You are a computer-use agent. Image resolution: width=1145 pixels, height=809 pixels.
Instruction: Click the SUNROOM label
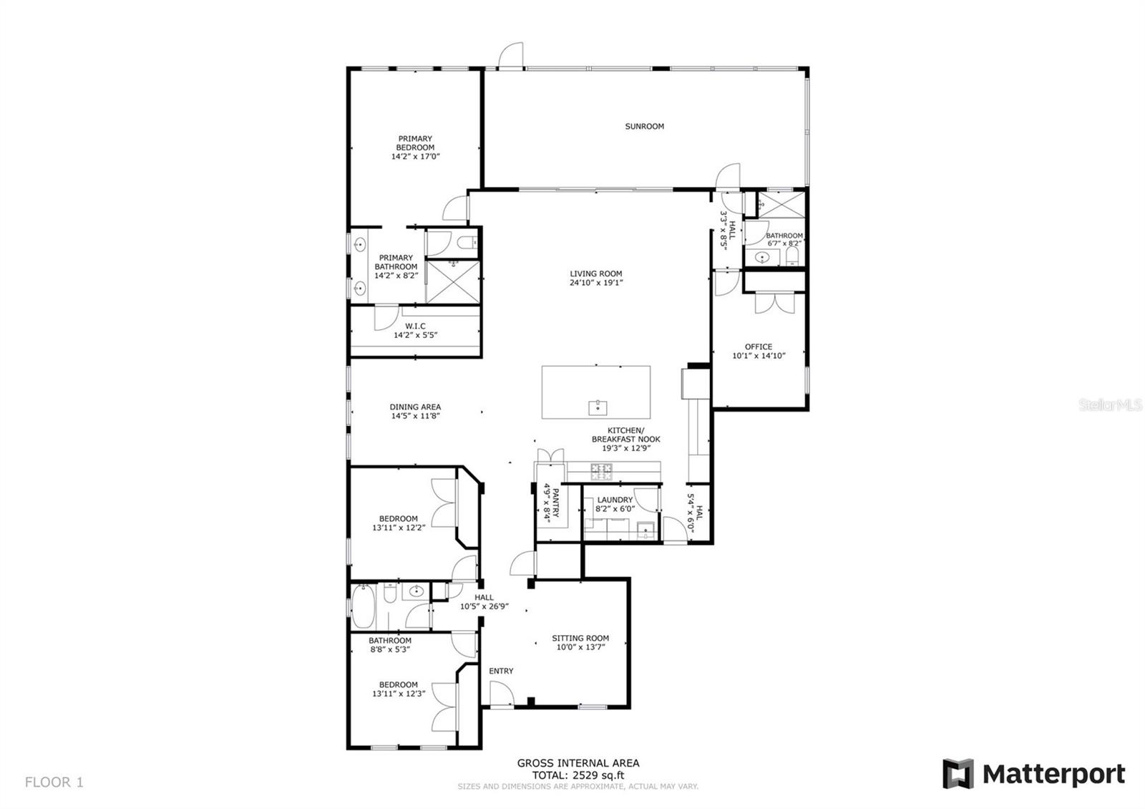pyautogui.click(x=644, y=126)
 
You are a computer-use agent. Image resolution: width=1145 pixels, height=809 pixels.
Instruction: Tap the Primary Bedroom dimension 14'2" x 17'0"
pyautogui.click(x=415, y=157)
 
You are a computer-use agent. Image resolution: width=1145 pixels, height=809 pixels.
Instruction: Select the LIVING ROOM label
pyautogui.click(x=596, y=273)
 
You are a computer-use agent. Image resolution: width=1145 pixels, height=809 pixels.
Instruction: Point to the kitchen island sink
pyautogui.click(x=598, y=407)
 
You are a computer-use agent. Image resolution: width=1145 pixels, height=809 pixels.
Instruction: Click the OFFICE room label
pyautogui.click(x=758, y=347)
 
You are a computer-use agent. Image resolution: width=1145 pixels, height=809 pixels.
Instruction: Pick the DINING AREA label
pyautogui.click(x=415, y=407)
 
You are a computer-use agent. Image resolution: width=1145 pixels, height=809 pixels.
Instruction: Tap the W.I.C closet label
pyautogui.click(x=415, y=326)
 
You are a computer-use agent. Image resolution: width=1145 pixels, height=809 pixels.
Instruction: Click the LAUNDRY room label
pyautogui.click(x=615, y=500)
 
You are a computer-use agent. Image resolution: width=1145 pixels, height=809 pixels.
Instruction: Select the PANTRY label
pyautogui.click(x=556, y=503)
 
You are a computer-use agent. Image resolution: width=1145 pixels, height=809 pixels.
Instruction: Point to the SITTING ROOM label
pyautogui.click(x=580, y=638)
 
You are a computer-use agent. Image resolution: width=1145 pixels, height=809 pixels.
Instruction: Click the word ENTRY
pyautogui.click(x=501, y=670)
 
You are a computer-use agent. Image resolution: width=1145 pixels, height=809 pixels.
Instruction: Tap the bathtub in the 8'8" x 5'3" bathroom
pyautogui.click(x=364, y=606)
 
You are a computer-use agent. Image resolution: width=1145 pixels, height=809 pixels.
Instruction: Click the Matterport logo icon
pyautogui.click(x=958, y=774)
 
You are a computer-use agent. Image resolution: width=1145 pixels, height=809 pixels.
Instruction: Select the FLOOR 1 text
pyautogui.click(x=54, y=782)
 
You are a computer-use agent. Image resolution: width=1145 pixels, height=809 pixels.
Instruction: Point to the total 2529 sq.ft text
pyautogui.click(x=578, y=775)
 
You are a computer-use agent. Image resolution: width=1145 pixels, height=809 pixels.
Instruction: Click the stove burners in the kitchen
pyautogui.click(x=601, y=472)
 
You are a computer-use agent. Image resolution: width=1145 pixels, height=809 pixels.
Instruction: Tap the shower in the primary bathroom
pyautogui.click(x=453, y=282)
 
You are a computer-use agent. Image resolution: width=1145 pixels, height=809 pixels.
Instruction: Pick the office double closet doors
pyautogui.click(x=775, y=303)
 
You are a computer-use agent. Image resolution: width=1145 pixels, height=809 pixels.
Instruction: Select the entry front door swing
pyautogui.click(x=502, y=694)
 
